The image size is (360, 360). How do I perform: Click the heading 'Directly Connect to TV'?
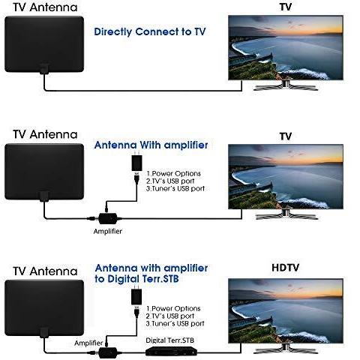click(150, 32)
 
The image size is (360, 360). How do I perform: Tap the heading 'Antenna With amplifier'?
click(151, 145)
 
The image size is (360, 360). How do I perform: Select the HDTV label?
click(285, 268)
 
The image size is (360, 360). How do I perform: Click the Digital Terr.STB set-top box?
click(171, 351)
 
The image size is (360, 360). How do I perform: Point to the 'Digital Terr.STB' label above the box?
click(169, 340)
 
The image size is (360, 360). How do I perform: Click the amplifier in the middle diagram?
click(108, 218)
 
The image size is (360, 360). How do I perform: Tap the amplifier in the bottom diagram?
click(108, 352)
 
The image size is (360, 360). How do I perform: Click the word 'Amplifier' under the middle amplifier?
click(108, 231)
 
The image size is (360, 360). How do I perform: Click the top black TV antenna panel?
click(44, 44)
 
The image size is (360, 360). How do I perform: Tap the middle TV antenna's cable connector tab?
click(44, 196)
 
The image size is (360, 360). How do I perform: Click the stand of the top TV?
click(286, 85)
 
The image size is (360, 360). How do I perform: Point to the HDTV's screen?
click(286, 310)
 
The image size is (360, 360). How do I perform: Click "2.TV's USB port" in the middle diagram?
click(170, 181)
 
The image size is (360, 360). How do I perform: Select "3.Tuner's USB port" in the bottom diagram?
click(175, 323)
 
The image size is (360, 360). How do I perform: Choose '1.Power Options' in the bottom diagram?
click(173, 308)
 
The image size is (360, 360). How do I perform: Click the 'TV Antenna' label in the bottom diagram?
click(45, 271)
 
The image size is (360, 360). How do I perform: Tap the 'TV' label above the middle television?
click(286, 136)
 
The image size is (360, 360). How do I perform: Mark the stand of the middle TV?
click(286, 214)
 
